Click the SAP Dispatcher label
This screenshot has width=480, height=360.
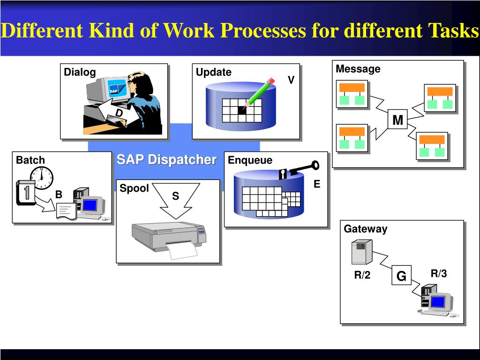pos(166,159)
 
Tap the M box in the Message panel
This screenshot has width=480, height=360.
pos(397,120)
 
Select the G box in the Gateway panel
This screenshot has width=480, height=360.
pos(401,277)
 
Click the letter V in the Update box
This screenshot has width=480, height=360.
pos(291,80)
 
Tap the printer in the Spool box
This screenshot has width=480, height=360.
pos(169,237)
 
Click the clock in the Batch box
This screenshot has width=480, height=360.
pos(42,178)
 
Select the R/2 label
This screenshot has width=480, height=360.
pos(362,275)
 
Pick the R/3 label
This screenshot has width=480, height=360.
pos(439,274)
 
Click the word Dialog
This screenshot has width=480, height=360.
pos(80,72)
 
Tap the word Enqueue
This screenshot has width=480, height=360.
pos(250,160)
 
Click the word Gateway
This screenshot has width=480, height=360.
pos(366,229)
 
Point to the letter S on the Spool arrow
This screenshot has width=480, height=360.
pos(175,196)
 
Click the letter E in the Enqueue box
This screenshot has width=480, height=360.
pos(317,184)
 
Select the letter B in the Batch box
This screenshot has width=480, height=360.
pos(59,194)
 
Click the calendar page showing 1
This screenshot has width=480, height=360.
pos(26,193)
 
